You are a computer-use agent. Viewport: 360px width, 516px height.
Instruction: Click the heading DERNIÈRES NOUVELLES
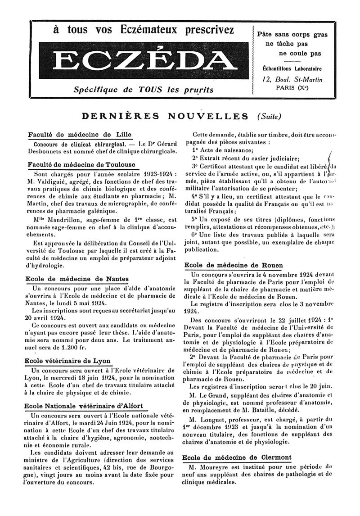click(x=165, y=116)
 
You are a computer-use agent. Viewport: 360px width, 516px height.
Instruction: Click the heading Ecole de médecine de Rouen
click(x=234, y=265)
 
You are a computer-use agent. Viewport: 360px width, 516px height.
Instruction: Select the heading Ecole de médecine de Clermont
click(x=237, y=457)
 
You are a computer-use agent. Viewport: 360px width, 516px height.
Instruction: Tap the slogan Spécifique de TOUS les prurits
click(x=144, y=90)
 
